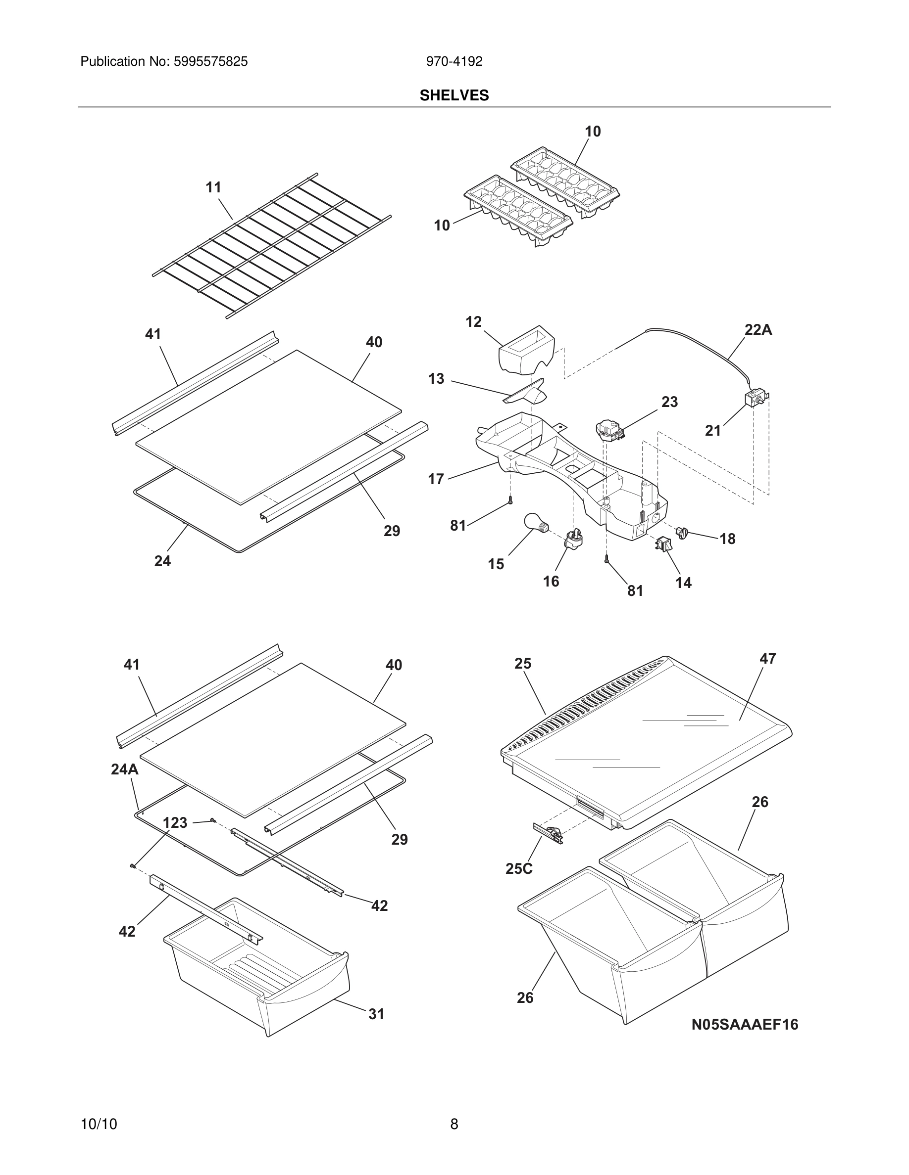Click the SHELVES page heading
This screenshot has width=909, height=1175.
(x=454, y=95)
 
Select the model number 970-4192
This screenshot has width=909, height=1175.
(x=454, y=61)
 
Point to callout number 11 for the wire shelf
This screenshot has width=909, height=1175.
(x=213, y=187)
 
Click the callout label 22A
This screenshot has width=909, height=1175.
(x=757, y=330)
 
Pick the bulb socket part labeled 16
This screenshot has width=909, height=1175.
(x=573, y=539)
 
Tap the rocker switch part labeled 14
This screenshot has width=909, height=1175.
(x=663, y=544)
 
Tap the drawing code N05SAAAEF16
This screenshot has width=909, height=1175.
(x=744, y=1024)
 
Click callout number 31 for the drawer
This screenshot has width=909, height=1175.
(x=376, y=1014)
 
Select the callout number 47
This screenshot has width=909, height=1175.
(x=767, y=659)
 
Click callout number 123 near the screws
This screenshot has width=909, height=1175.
(x=175, y=822)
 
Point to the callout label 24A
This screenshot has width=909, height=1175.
(x=124, y=769)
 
